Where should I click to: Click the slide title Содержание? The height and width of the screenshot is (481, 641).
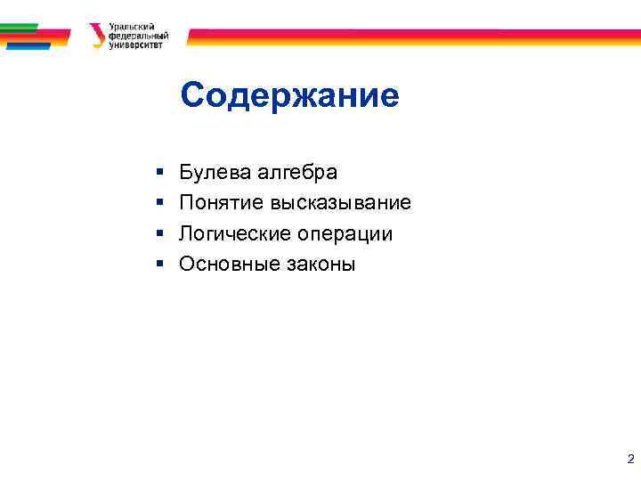tap(289, 95)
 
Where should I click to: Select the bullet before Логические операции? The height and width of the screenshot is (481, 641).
tap(157, 233)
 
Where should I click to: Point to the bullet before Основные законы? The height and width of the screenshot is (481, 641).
tap(157, 264)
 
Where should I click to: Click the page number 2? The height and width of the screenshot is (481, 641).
tap(630, 460)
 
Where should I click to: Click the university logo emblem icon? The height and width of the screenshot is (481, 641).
tap(95, 36)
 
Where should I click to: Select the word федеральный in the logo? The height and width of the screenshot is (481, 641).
tap(138, 36)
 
